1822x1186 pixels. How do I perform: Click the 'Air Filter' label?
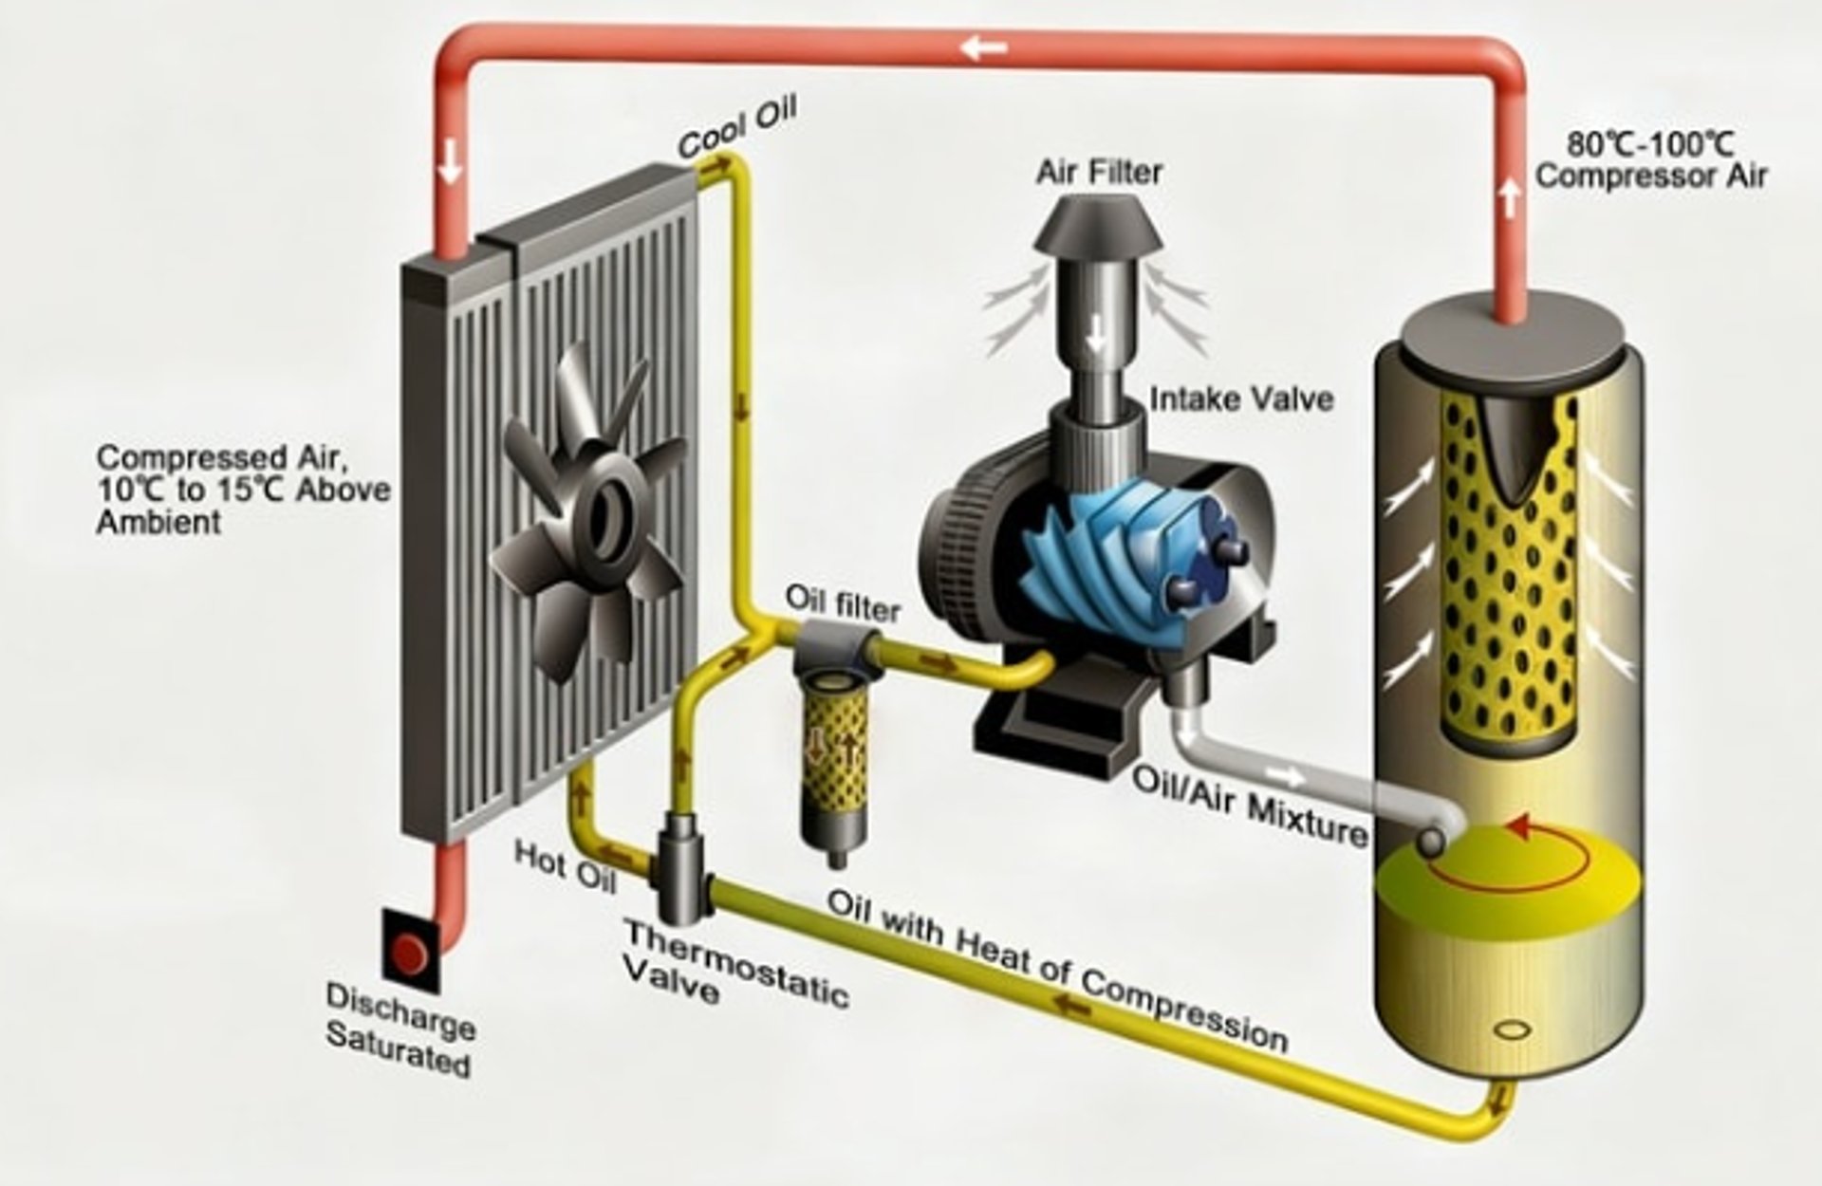coord(1099,173)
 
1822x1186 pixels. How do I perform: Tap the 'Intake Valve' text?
coord(1241,399)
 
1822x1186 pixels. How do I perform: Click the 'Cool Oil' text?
coord(737,128)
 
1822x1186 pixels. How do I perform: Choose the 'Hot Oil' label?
coord(566,865)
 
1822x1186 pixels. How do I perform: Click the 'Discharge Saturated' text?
coord(400,1028)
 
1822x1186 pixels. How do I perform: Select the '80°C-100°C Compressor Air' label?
coord(1651,160)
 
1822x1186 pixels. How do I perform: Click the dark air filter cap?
coord(1099,228)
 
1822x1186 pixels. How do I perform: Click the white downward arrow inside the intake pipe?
coord(1098,333)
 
